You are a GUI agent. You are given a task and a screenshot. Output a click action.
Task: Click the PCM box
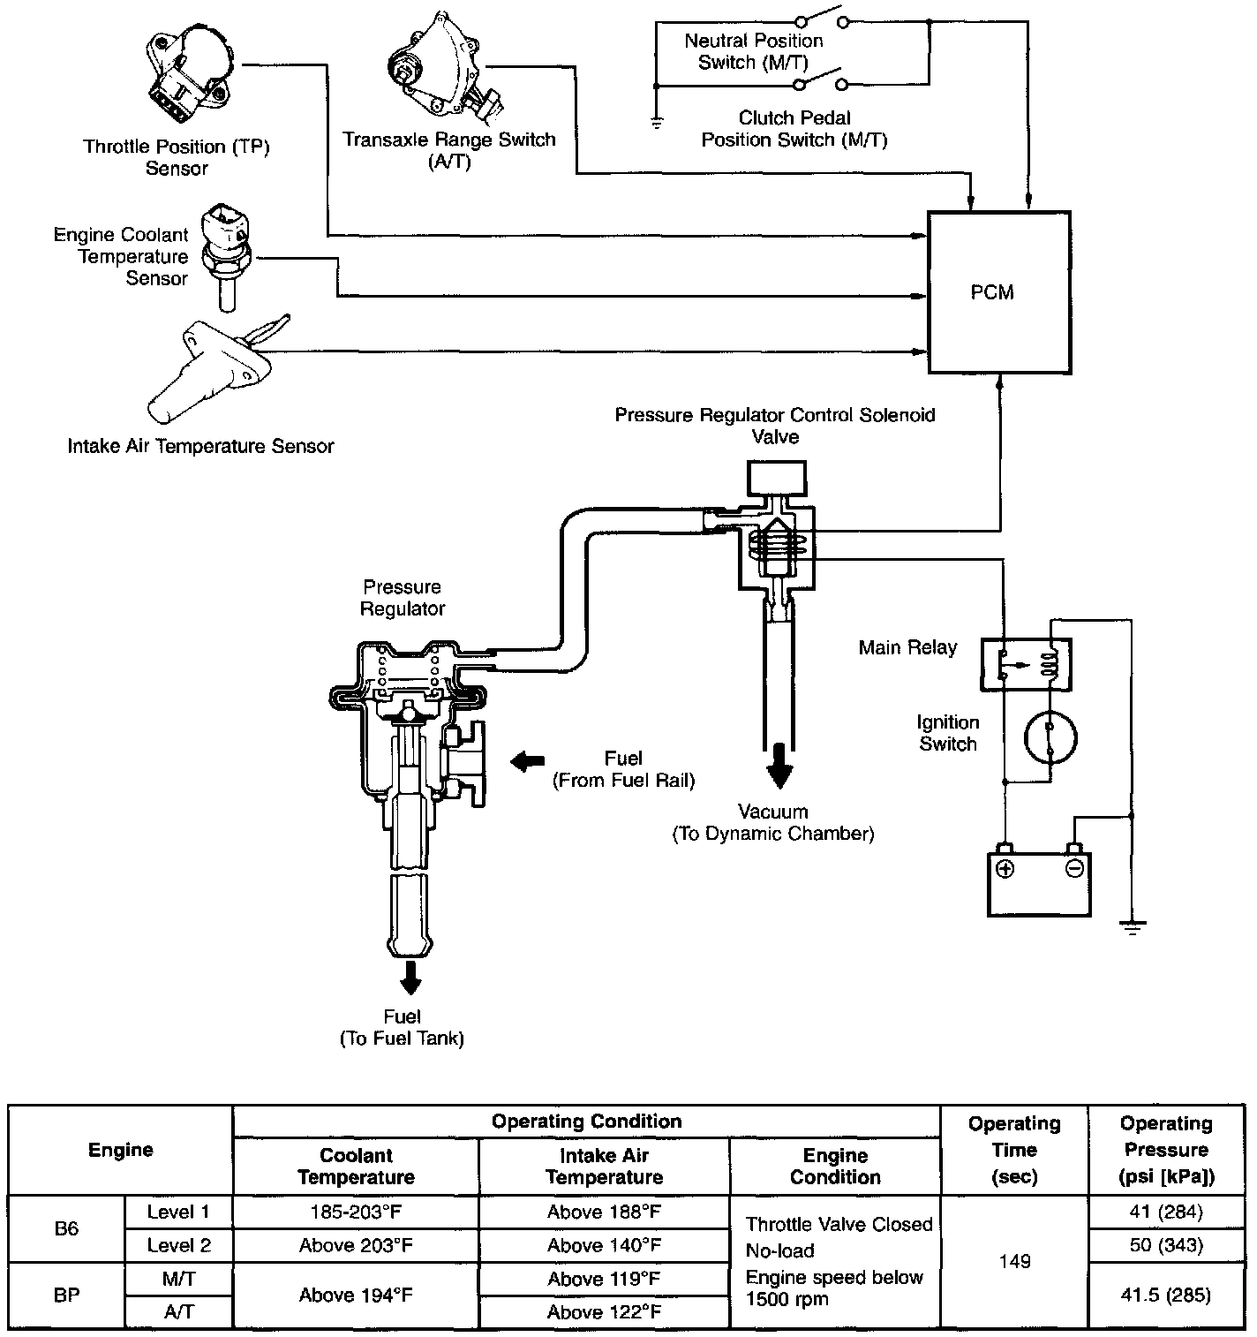pyautogui.click(x=998, y=292)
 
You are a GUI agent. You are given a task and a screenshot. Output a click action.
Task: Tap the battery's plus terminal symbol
pyautogui.click(x=1005, y=868)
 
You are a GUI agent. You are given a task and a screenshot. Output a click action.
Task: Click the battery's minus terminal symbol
pyautogui.click(x=1074, y=868)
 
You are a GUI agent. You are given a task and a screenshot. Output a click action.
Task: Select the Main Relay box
pyautogui.click(x=1026, y=664)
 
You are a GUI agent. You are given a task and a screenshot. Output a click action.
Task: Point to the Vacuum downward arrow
pyautogui.click(x=779, y=767)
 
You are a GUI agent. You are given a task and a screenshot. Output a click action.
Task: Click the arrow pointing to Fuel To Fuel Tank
pyautogui.click(x=409, y=977)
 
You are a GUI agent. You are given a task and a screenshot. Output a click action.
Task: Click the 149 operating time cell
pyautogui.click(x=1014, y=1261)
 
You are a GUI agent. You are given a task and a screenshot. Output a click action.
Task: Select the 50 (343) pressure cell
pyautogui.click(x=1165, y=1245)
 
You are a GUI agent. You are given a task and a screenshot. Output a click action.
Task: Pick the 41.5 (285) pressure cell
pyautogui.click(x=1165, y=1295)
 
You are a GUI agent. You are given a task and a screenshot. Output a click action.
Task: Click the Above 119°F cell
pyautogui.click(x=604, y=1279)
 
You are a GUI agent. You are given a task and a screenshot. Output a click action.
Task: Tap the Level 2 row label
pyautogui.click(x=179, y=1245)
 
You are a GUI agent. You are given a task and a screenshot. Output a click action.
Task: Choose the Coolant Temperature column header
pyautogui.click(x=356, y=1166)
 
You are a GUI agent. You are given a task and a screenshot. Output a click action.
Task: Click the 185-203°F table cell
pyautogui.click(x=356, y=1212)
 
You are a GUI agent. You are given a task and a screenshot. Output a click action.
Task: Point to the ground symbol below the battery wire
pyautogui.click(x=1132, y=927)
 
